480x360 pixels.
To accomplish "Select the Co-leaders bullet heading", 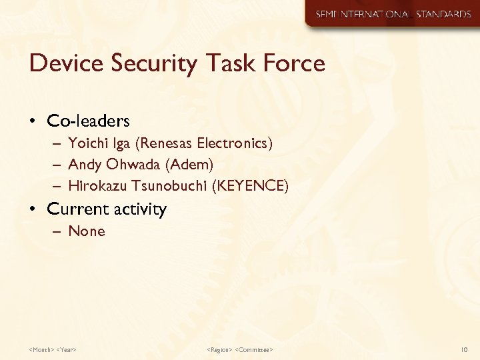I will click(x=88, y=121).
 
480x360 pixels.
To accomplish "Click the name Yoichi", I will click(x=87, y=143).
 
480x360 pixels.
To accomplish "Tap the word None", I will click(x=87, y=231).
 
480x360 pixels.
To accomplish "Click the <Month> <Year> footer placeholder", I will click(x=53, y=349).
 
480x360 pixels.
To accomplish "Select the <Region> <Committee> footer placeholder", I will click(x=240, y=349).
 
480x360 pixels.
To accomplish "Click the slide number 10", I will click(x=465, y=349).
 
